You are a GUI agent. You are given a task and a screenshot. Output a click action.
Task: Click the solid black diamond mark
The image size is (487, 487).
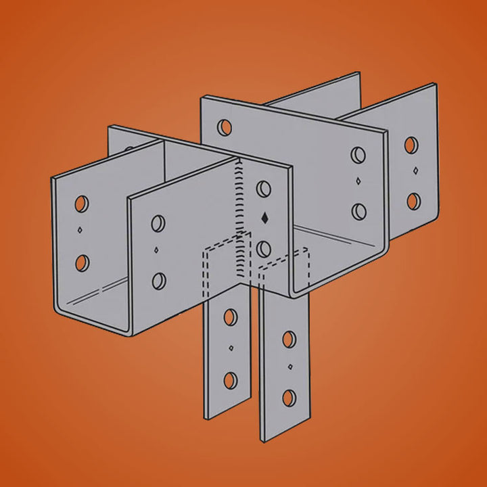264,218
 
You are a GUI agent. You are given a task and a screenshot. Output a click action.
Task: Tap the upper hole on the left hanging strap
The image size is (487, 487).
231,316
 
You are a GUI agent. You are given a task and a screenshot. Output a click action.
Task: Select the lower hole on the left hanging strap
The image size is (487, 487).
231,379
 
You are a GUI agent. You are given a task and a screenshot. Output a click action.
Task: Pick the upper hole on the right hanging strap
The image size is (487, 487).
289,338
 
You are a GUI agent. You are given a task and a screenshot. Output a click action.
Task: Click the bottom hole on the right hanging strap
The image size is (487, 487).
289,397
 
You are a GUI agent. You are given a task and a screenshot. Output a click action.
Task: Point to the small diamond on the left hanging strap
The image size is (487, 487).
231,348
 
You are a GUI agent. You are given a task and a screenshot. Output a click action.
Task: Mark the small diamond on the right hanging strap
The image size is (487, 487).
289,368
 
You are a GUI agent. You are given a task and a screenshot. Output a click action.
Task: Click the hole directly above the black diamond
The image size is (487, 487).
264,189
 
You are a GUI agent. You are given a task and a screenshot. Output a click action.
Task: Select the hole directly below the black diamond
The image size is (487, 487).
264,248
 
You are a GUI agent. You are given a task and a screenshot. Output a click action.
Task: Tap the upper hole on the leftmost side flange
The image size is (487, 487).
81,203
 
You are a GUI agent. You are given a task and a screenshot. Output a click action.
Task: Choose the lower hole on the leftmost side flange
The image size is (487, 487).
81,262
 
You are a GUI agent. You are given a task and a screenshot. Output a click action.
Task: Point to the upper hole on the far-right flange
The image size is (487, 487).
411,145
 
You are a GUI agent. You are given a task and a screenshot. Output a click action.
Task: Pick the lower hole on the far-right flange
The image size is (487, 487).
411,201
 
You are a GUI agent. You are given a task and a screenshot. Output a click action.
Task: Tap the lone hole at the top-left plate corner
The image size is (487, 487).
225,126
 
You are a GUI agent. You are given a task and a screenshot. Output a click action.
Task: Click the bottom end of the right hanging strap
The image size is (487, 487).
284,436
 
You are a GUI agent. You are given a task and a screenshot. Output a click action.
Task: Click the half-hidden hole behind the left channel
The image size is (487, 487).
128,150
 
